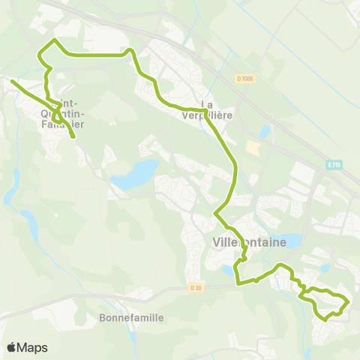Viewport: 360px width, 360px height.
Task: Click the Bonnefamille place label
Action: [131, 317]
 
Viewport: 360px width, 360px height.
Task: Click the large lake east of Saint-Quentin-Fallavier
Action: [133, 176]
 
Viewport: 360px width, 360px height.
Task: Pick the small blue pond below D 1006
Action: [264, 132]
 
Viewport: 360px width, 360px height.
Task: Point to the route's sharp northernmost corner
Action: [54, 39]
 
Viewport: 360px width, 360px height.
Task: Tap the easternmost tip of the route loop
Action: [349, 301]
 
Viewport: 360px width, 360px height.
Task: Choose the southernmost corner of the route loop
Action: [325, 319]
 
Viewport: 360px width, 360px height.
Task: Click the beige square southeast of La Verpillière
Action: [252, 148]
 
